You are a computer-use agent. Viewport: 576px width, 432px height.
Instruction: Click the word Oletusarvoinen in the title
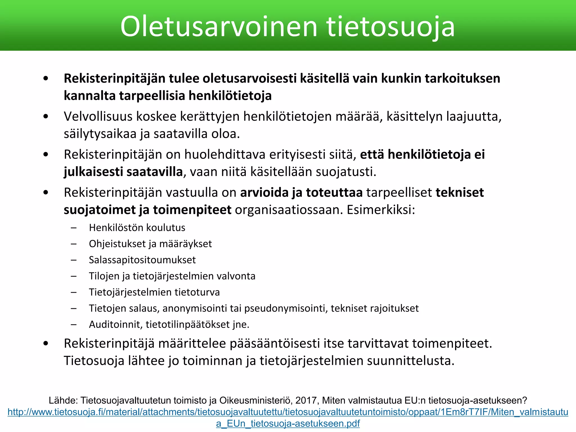pos(219,26)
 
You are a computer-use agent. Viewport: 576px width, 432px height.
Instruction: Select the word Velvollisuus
pos(98,116)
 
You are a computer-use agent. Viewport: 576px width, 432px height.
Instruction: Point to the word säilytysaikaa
pos(100,134)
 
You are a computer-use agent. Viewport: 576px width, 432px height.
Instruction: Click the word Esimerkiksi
pos(381,210)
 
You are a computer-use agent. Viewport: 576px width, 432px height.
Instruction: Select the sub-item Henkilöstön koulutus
pos(137,228)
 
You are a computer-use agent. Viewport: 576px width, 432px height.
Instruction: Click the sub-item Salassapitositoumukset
pos(142,260)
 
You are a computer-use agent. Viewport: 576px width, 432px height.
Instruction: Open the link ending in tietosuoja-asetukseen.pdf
pos(288,423)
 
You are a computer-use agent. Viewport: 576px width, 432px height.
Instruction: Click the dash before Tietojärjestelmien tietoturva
pos(74,292)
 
